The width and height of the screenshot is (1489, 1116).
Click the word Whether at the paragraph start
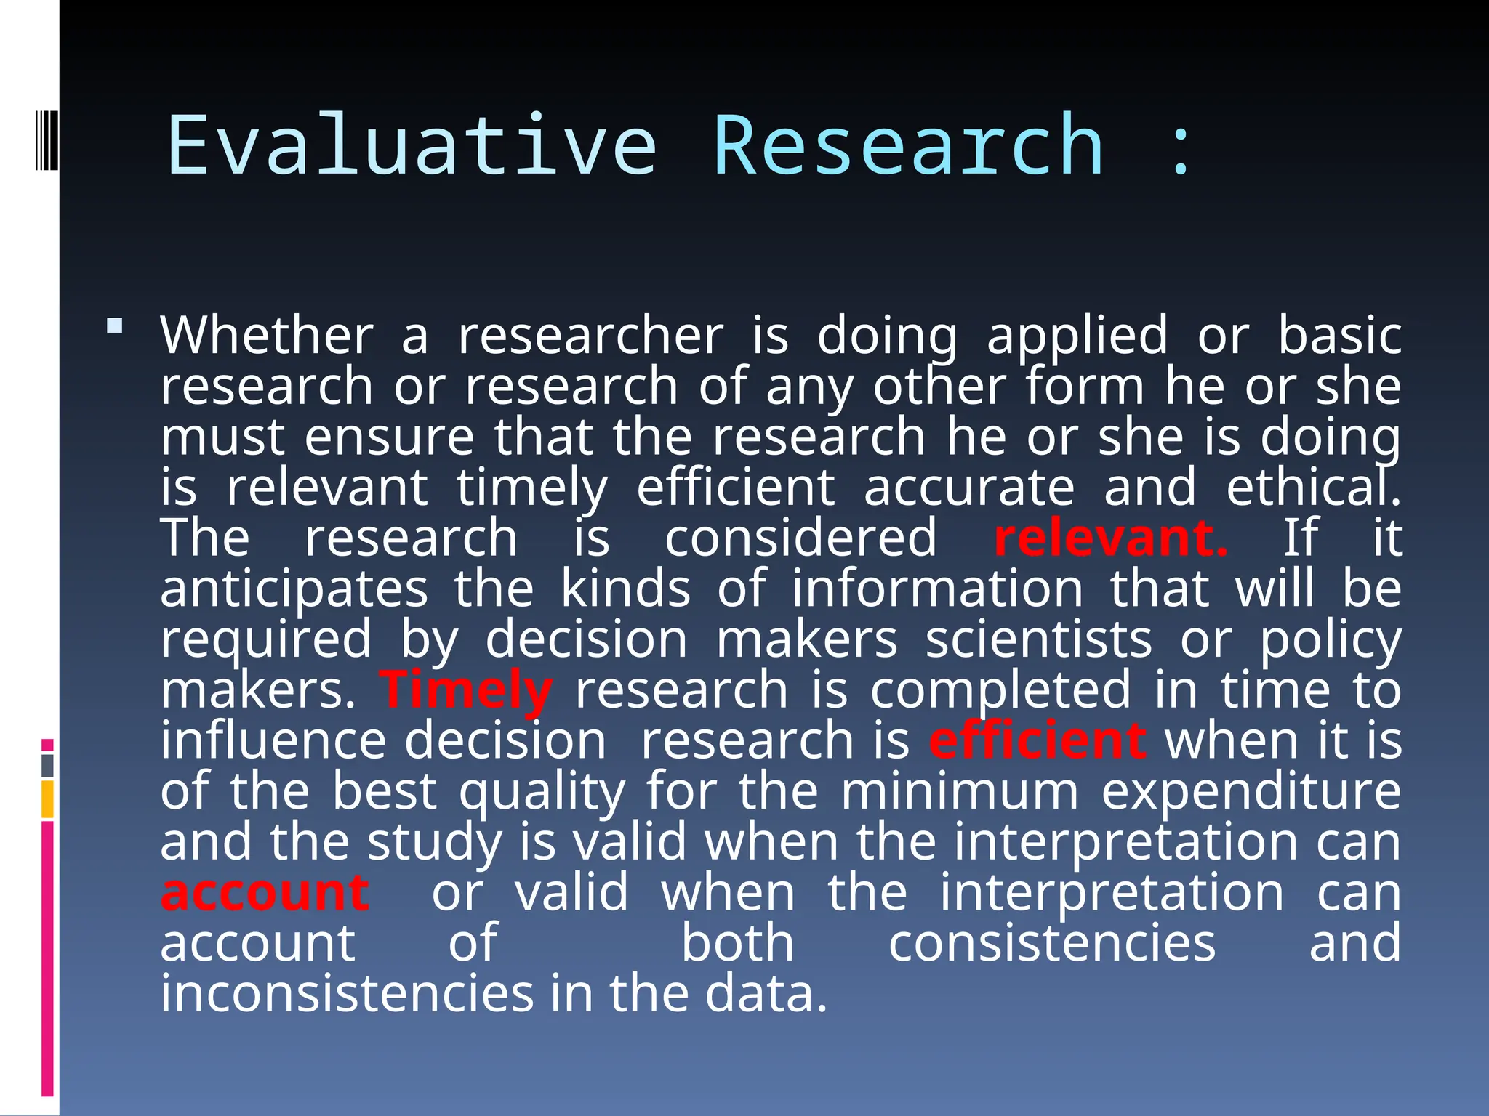[x=267, y=336]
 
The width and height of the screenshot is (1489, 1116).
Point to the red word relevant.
[x=1110, y=538]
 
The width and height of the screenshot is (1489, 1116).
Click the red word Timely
[x=466, y=690]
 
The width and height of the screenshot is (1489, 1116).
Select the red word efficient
[x=1038, y=741]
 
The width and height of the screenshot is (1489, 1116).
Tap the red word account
[x=265, y=893]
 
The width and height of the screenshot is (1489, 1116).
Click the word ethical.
[x=1312, y=488]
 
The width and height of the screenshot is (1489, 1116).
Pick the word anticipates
[x=294, y=590]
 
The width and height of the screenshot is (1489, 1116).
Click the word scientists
[x=1038, y=640]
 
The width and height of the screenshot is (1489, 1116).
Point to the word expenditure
[x=1251, y=791]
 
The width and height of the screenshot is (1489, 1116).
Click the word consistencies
[x=1051, y=943]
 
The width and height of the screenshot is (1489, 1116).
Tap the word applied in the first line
[x=1077, y=337]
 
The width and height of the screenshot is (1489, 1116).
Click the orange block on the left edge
[x=48, y=799]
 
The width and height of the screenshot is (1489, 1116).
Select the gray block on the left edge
[x=48, y=766]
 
